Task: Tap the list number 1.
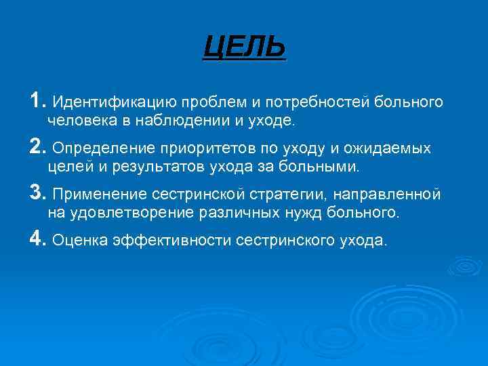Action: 37,101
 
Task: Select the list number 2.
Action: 37,147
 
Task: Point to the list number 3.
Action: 37,193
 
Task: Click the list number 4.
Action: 37,239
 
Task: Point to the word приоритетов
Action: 202,148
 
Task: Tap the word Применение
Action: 101,195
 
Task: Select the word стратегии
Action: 289,195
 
